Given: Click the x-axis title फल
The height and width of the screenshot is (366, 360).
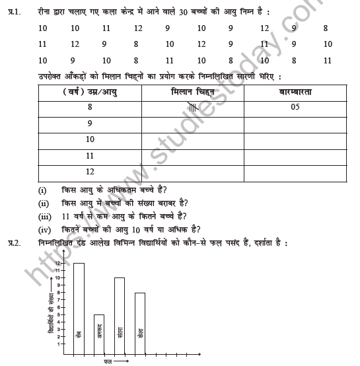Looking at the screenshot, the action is coord(107,362).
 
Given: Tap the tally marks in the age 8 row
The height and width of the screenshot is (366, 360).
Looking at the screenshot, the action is coord(192,108).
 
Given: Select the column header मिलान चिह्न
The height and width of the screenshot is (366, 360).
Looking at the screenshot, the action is coord(192,92).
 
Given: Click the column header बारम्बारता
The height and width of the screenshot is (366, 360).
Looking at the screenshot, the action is coord(295,92).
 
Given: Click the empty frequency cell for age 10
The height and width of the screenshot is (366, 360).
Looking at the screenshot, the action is coord(295,140).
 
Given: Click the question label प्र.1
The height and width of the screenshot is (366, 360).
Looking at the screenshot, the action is coord(11,11).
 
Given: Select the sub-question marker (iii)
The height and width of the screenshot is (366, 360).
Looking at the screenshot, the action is coord(44,215).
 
